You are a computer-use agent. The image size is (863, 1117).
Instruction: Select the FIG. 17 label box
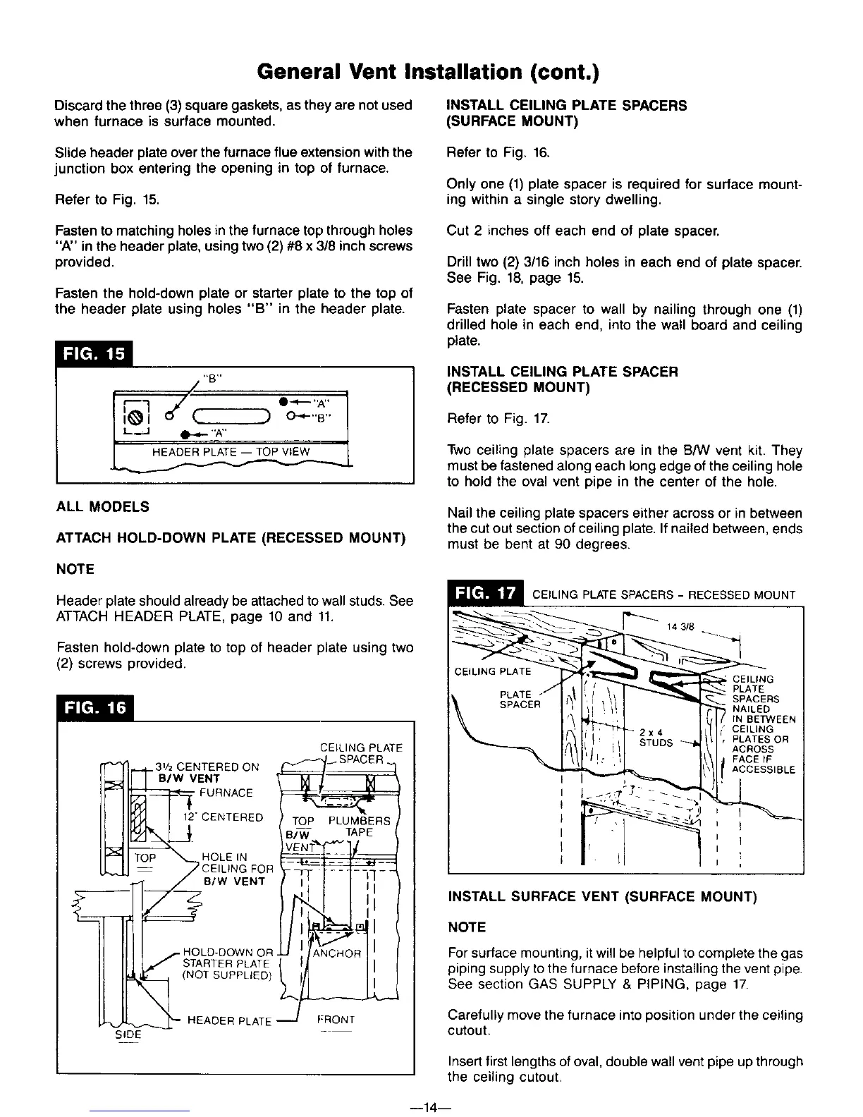pyautogui.click(x=486, y=594)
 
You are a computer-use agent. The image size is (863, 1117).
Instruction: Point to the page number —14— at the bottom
pyautogui.click(x=430, y=1107)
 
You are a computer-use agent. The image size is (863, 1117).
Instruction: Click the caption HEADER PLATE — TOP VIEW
pyautogui.click(x=231, y=452)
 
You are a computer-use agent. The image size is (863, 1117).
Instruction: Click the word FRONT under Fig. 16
pyautogui.click(x=336, y=1019)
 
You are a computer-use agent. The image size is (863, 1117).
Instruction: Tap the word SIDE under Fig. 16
pyautogui.click(x=128, y=1034)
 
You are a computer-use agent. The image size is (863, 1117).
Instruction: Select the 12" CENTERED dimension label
pyautogui.click(x=223, y=818)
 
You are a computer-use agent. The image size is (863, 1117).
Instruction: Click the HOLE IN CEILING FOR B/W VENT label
pyautogui.click(x=233, y=869)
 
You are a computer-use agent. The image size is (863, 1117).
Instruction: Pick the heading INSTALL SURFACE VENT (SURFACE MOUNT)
pyautogui.click(x=602, y=896)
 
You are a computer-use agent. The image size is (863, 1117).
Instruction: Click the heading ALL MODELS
pyautogui.click(x=102, y=507)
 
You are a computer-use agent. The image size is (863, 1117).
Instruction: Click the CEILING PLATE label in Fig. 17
pyautogui.click(x=494, y=671)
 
